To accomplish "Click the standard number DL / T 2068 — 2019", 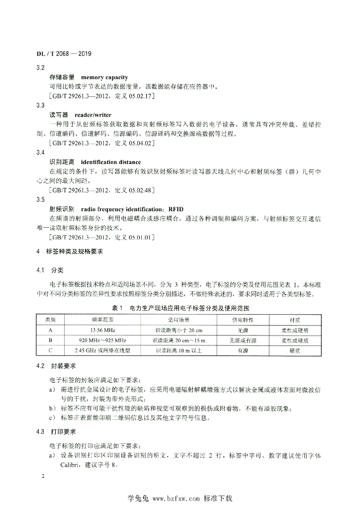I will (x=64, y=53).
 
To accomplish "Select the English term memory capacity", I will (x=104, y=78).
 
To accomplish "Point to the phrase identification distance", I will (x=111, y=162).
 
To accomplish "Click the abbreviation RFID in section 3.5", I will (x=176, y=209).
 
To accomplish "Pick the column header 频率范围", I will (x=103, y=320).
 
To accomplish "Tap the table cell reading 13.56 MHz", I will (x=103, y=330).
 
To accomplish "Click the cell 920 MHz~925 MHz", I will (x=103, y=340).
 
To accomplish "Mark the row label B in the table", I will (x=51, y=340).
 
